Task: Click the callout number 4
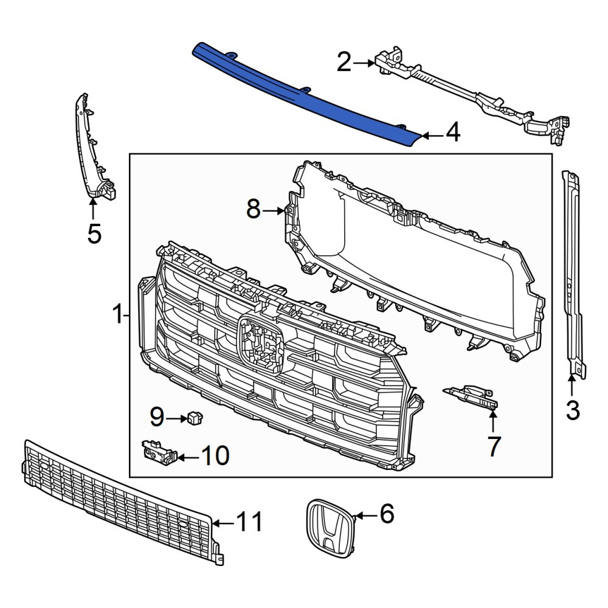click(x=453, y=132)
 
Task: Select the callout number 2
click(x=344, y=62)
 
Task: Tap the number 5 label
click(x=94, y=234)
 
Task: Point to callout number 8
click(x=254, y=209)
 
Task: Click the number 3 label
click(x=573, y=410)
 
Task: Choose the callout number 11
click(x=250, y=522)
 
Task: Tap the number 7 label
click(x=494, y=446)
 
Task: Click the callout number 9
click(x=157, y=417)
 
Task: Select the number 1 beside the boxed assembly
click(x=117, y=314)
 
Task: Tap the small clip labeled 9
click(x=195, y=418)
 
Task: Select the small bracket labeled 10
click(x=159, y=452)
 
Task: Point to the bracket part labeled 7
click(x=471, y=396)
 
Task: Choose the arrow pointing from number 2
click(x=364, y=63)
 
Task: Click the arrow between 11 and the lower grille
click(x=223, y=523)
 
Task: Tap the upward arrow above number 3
click(x=572, y=386)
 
